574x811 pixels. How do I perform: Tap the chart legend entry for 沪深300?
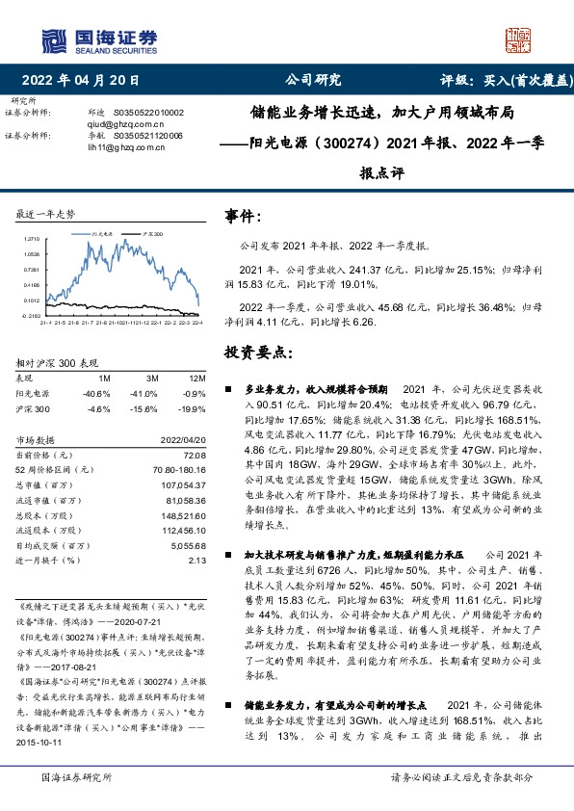click(153, 234)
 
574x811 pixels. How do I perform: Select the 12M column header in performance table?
click(196, 379)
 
